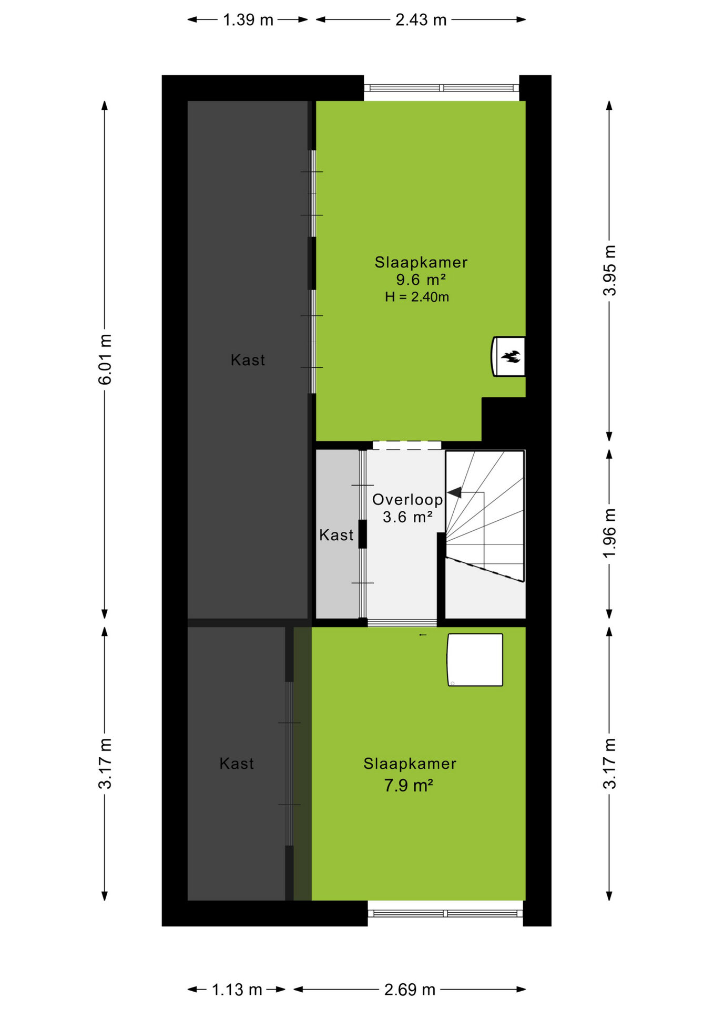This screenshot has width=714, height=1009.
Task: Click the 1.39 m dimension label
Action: click(248, 20)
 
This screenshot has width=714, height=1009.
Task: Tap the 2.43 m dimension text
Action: click(421, 20)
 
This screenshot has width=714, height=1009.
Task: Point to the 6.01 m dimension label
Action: click(105, 359)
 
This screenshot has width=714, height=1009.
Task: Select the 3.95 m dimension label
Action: click(609, 271)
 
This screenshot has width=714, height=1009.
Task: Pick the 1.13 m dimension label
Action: click(237, 990)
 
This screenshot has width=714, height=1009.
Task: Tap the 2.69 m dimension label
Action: click(410, 990)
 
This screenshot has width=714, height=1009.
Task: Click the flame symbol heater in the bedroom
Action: click(508, 356)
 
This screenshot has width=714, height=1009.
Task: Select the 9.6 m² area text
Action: click(421, 280)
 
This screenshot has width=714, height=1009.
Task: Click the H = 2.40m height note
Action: click(417, 297)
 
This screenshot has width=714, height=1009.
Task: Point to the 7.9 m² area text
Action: click(409, 786)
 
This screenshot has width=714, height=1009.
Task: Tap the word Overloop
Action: click(407, 500)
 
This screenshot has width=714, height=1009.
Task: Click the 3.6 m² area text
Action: click(407, 517)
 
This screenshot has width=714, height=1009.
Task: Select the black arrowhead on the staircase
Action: click(455, 492)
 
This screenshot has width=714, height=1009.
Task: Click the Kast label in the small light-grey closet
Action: click(336, 535)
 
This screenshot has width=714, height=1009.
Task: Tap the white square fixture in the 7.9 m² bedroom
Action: click(475, 660)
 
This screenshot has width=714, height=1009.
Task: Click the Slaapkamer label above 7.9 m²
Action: click(410, 764)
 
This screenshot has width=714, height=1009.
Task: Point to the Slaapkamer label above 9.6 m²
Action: click(421, 262)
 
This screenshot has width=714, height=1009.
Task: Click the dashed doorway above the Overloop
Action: click(406, 445)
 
